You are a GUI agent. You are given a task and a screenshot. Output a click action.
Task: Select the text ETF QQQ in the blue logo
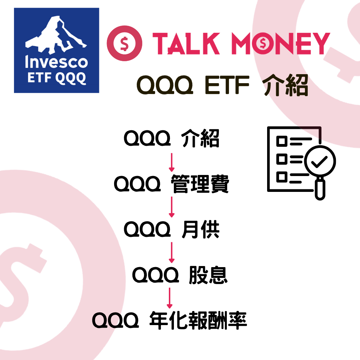point(57,78)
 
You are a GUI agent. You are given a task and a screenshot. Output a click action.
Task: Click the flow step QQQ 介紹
point(171,139)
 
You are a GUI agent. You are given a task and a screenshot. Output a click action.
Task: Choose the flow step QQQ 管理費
point(171,185)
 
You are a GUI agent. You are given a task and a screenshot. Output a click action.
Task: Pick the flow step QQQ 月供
point(171,230)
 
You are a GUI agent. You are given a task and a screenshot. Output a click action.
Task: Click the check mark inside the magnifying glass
point(319,162)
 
